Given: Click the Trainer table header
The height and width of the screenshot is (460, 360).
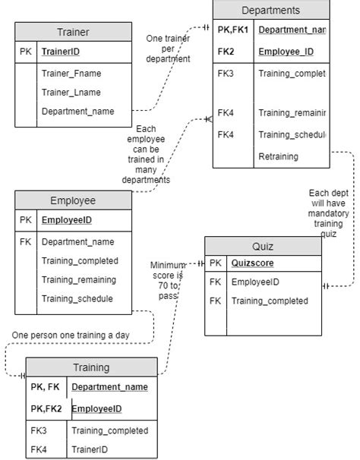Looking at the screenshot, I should click(x=73, y=33).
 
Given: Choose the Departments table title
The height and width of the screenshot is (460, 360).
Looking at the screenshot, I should click(x=270, y=10).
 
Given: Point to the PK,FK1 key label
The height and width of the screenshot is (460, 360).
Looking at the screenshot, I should click(x=232, y=30).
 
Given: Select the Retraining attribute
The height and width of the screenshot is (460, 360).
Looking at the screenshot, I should click(x=279, y=156).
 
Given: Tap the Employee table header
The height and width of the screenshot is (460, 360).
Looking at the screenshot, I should click(x=73, y=201).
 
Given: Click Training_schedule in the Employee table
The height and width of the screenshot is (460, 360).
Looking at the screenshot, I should click(x=77, y=299).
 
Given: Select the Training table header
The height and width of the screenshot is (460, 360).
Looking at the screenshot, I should click(x=91, y=367).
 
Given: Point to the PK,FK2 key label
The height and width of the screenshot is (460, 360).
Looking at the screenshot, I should click(x=46, y=408).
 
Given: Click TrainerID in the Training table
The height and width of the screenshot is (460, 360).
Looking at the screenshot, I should click(x=89, y=449).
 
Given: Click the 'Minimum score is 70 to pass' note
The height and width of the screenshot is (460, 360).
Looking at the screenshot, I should click(x=167, y=279).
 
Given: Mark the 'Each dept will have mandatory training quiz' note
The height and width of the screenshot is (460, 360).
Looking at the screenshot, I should click(x=328, y=214).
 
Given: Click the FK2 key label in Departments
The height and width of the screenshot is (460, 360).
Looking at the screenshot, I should click(x=226, y=52).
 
